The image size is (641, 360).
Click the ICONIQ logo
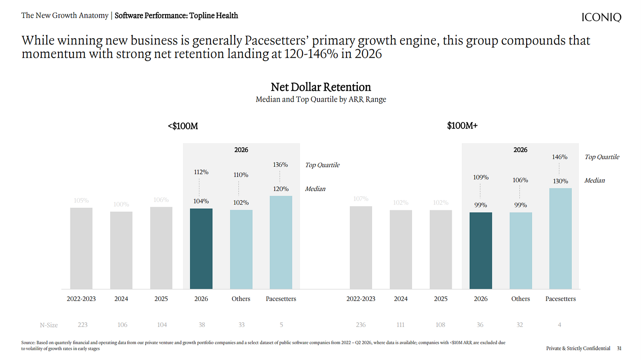pos(601,17)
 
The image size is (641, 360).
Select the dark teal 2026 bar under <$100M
pos(201,249)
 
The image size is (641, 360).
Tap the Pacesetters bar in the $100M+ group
pos(560,239)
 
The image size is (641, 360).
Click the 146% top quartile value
pos(560,157)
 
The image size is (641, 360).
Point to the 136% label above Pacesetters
pos(280,165)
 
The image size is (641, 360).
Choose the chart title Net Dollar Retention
pos(321,87)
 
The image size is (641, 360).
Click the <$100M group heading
pos(183,126)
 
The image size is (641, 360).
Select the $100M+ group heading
pos(462,125)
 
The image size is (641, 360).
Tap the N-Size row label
pos(48,325)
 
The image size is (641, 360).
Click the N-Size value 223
pos(83,325)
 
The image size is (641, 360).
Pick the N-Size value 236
pos(361,325)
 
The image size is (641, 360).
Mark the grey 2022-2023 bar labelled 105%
pos(81,248)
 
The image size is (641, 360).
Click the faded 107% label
pos(361,198)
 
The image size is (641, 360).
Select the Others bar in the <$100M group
pos(241,250)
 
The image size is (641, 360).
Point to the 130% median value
pos(560,181)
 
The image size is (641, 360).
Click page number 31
pos(619,348)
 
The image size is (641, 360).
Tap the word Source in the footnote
pos(28,342)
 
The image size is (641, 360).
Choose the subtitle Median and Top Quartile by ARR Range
pos(321,99)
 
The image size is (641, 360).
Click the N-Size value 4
pos(560,325)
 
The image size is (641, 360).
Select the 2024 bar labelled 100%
pos(122,250)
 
